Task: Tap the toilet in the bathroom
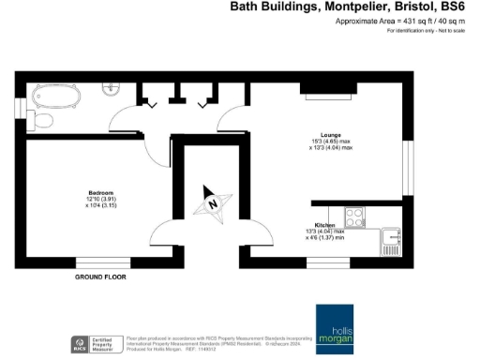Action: tap(42, 120)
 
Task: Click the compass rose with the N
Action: tap(214, 203)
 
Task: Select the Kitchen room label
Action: tap(325, 226)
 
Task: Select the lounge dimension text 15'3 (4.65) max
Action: tap(332, 142)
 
